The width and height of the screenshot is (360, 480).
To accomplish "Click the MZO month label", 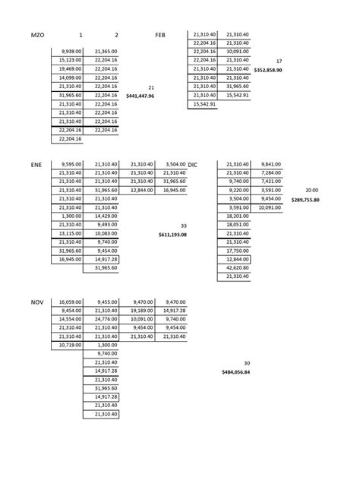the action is [39, 35].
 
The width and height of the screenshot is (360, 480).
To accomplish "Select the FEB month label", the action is [160, 35].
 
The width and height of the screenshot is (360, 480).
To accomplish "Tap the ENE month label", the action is [37, 164].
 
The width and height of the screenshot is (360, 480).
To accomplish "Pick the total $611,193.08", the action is [172, 234].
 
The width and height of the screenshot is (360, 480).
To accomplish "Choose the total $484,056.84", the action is [237, 372].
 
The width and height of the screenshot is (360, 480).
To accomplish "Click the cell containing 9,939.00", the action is [68, 52].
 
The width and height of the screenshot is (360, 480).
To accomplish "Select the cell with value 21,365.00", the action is [105, 52].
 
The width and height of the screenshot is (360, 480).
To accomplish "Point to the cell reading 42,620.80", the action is [235, 268].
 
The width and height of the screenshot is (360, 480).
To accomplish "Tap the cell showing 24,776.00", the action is [105, 319].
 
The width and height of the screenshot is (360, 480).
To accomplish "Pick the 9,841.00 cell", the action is [270, 164].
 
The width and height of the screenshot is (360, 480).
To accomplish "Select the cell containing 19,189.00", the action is [142, 311].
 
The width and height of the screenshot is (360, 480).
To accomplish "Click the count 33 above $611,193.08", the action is [183, 226].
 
